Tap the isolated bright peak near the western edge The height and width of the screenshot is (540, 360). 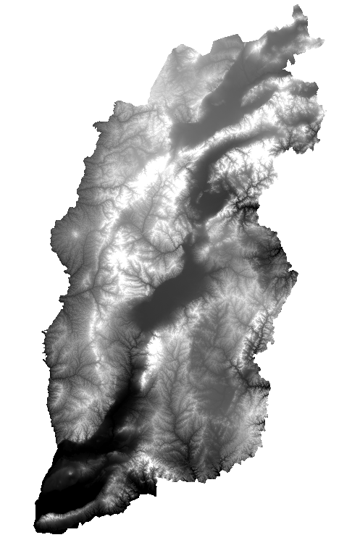pyautogui.click(x=75, y=237)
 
